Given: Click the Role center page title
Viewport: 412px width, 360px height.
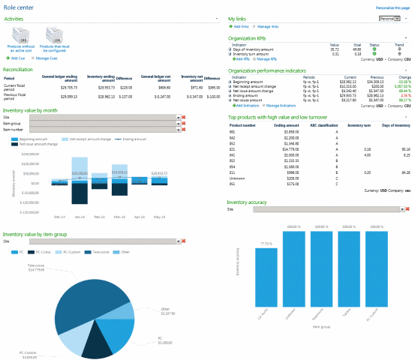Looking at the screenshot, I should coord(21,7).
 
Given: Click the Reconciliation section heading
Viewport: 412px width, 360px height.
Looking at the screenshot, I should coord(20,67).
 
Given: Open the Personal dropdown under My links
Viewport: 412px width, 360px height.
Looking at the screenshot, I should coord(391,17).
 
